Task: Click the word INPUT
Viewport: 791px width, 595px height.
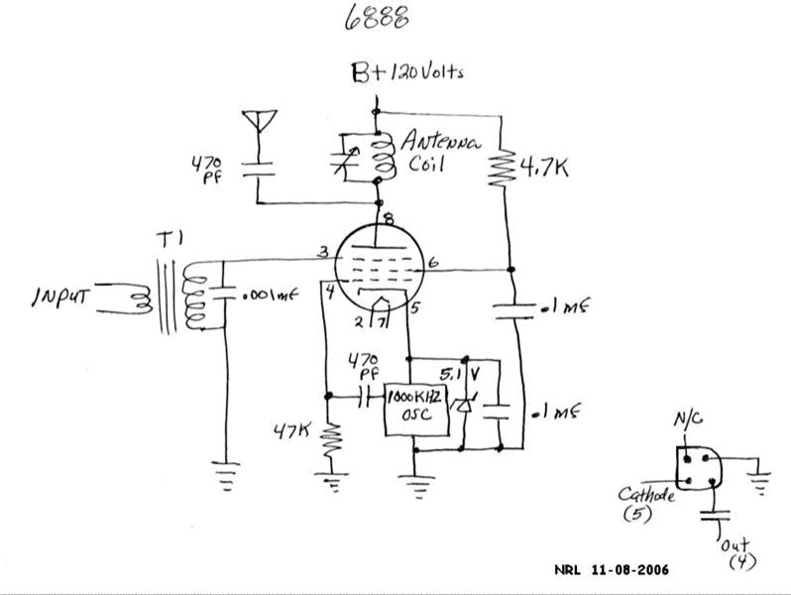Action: click(62, 297)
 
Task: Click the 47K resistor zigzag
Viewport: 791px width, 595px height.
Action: click(330, 436)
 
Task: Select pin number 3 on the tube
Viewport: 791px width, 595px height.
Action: click(323, 253)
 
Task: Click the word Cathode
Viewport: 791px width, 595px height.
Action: click(646, 494)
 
